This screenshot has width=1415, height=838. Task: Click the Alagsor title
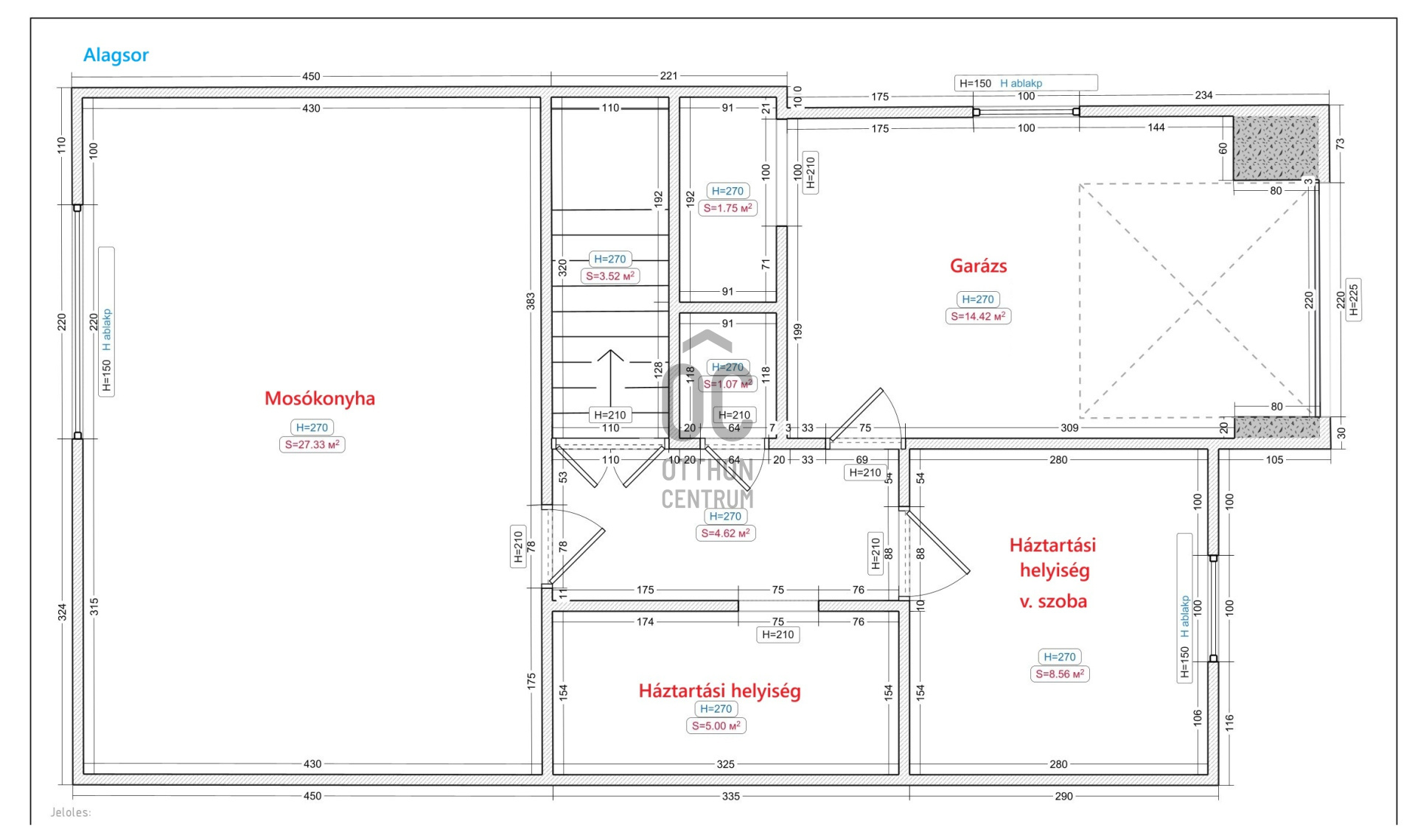(116, 55)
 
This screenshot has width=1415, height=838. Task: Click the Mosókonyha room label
(319, 399)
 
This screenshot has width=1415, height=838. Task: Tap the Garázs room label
(978, 266)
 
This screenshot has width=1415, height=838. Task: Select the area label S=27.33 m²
(312, 445)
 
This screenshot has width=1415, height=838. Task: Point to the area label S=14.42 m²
(978, 317)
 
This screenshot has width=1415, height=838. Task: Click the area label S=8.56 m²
(1059, 674)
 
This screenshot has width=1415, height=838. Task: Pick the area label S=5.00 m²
(716, 727)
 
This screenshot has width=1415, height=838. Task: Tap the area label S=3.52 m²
(609, 276)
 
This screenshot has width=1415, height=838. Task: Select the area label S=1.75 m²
(727, 209)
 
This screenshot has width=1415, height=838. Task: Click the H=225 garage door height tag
(1353, 300)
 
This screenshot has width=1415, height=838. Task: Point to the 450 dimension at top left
(311, 76)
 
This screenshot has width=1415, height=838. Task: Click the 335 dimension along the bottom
(730, 797)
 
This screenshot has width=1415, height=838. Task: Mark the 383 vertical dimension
(531, 301)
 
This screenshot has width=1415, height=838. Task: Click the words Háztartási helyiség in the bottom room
(719, 691)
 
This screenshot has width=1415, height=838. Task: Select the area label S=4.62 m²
(725, 534)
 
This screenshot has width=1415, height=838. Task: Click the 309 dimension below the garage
(1069, 428)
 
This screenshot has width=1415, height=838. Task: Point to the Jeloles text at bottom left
(71, 813)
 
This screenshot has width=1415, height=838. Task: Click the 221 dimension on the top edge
(668, 76)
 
